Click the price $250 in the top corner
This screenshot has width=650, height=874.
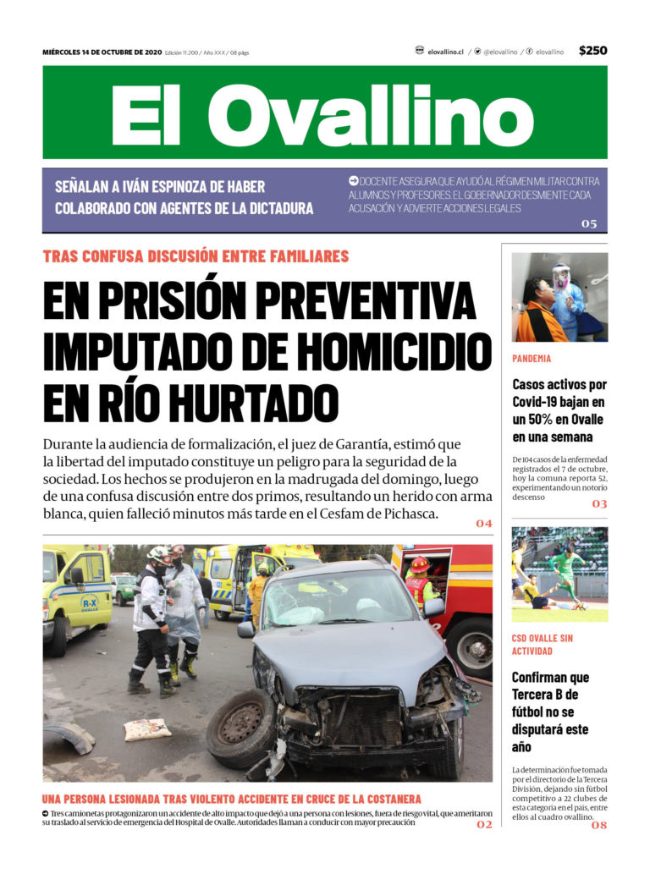[592, 51]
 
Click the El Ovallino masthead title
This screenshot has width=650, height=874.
[324, 114]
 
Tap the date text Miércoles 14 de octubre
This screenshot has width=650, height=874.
[102, 52]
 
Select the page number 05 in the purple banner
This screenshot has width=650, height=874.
[589, 224]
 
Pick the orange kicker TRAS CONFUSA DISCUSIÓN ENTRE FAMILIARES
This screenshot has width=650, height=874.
[196, 256]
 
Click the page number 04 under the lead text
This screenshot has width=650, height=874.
[483, 524]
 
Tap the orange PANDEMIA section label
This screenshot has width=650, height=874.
[532, 359]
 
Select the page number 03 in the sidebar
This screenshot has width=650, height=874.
[599, 504]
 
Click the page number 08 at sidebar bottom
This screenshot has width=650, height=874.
[599, 825]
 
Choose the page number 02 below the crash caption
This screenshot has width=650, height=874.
[483, 824]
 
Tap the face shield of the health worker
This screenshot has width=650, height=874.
[560, 277]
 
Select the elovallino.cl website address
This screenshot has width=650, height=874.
[445, 52]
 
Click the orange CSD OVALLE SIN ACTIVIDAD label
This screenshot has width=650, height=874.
[543, 644]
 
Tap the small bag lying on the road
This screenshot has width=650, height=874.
[148, 729]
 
